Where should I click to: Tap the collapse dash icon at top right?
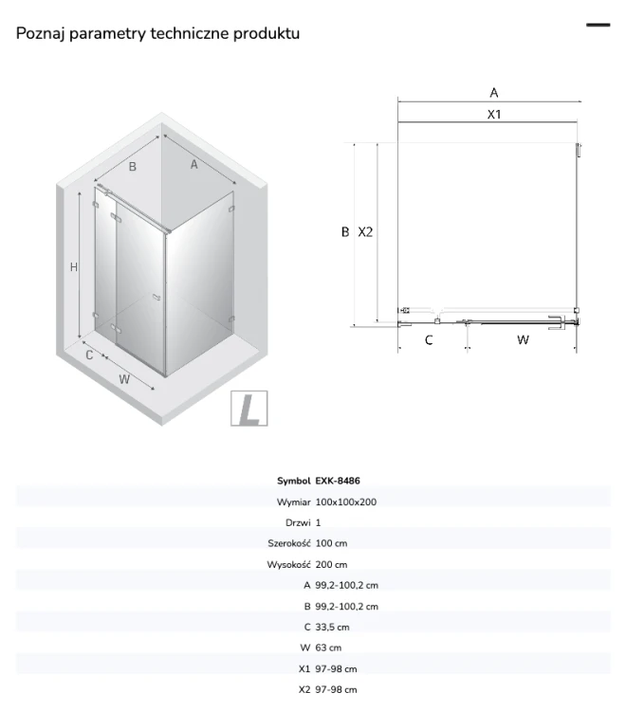point(598,25)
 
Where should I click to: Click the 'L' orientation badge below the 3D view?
point(249,408)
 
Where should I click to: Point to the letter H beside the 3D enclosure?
point(74,267)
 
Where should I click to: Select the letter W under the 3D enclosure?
point(124,379)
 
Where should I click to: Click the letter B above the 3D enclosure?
point(133,167)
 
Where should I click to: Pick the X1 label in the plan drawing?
point(494,115)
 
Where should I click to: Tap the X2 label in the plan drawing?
point(365,232)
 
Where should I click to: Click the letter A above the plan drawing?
point(494,93)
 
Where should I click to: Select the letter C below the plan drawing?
point(429,339)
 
